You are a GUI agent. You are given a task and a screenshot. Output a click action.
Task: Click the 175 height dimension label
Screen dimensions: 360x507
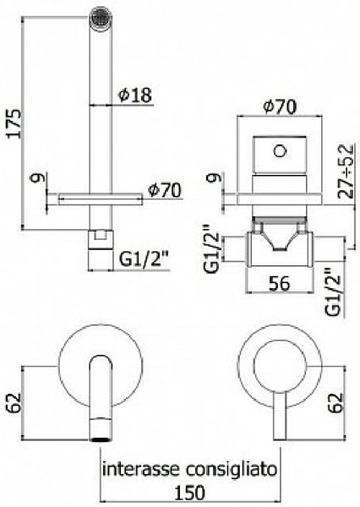tap(15, 124)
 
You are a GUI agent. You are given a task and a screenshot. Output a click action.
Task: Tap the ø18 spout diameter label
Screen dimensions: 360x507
tap(135, 95)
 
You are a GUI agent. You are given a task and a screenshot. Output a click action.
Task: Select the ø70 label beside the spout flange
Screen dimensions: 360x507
tap(164, 190)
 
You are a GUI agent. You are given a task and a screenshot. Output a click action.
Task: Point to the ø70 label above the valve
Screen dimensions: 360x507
tap(280, 106)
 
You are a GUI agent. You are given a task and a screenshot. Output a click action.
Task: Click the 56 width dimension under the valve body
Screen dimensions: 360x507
tap(279, 283)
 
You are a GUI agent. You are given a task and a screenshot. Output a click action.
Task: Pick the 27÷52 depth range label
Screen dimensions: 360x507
tap(345, 171)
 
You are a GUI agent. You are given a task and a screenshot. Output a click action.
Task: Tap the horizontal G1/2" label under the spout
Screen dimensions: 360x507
tap(145, 259)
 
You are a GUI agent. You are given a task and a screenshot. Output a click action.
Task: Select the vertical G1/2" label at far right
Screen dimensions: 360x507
tap(333, 292)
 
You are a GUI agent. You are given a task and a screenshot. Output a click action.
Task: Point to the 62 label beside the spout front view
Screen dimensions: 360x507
tap(14, 402)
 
